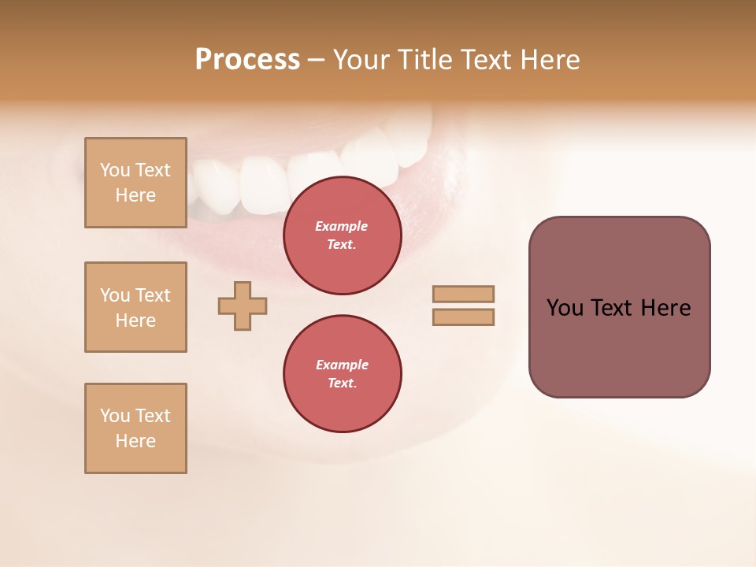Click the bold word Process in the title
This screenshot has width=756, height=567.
247,60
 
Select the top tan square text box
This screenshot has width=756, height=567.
135,183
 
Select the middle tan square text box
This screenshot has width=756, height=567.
135,307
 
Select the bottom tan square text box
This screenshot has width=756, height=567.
135,428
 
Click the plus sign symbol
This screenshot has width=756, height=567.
243,306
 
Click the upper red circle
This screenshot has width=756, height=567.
343,235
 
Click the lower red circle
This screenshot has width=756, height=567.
343,374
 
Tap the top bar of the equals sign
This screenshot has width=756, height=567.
463,294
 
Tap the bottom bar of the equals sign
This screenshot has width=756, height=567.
463,317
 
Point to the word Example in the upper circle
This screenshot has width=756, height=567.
342,226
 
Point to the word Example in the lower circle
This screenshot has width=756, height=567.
342,365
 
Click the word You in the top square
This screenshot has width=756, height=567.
115,170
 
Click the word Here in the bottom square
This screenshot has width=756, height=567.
135,441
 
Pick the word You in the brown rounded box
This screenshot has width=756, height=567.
565,308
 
